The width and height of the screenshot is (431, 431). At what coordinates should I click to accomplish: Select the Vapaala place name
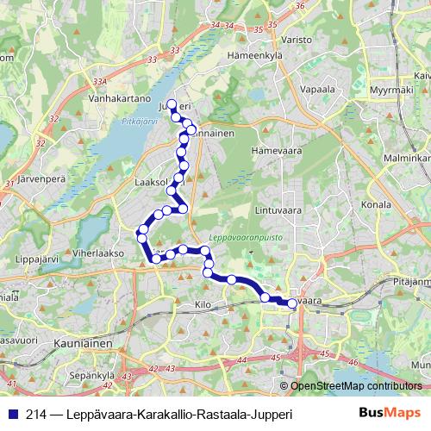coord(317,87)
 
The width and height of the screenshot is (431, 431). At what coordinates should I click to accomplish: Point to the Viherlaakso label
coord(99,253)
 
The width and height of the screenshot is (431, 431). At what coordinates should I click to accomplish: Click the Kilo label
coord(203,305)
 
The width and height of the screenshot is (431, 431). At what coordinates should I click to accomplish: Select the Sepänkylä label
coord(93,375)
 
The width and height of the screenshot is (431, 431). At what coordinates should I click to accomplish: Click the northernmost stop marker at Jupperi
coord(172,104)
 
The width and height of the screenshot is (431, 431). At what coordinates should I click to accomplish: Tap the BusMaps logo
coord(390,414)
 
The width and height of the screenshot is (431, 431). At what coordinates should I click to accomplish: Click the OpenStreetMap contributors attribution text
coord(354,388)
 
